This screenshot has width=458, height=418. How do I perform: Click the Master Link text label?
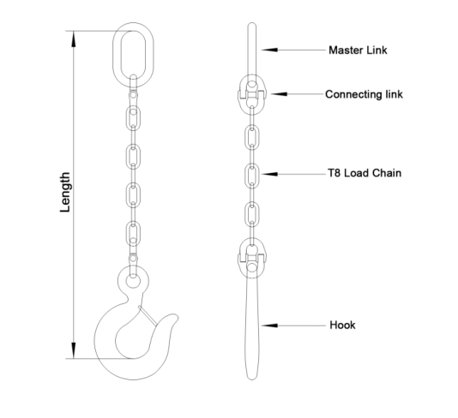pos(358,51)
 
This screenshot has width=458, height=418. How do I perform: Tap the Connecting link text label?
pos(364,94)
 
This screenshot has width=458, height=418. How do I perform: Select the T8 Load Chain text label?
pos(365,173)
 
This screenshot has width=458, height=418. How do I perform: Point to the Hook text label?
pos(342,325)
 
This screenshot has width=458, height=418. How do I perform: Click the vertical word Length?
pos(65,192)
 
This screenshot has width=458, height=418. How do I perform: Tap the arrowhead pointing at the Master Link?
pos(269,50)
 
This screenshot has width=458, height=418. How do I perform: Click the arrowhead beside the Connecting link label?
pos(279,94)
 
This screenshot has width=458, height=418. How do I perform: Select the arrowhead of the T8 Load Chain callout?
pos(270,174)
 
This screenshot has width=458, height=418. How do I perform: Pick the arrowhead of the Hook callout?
pos(269,325)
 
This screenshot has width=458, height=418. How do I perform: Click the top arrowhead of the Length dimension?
pos(74,39)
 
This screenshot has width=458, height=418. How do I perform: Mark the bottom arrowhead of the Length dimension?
pos(74,350)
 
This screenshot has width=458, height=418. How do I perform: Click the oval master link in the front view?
pos(114,55)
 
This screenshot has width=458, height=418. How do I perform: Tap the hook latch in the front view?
pos(148,315)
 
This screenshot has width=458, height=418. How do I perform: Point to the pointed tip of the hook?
pos(176,316)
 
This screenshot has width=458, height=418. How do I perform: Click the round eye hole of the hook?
pos(133,282)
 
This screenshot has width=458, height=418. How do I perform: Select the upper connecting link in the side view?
pos(252,94)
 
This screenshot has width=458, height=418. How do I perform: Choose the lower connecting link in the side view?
pos(252,258)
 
